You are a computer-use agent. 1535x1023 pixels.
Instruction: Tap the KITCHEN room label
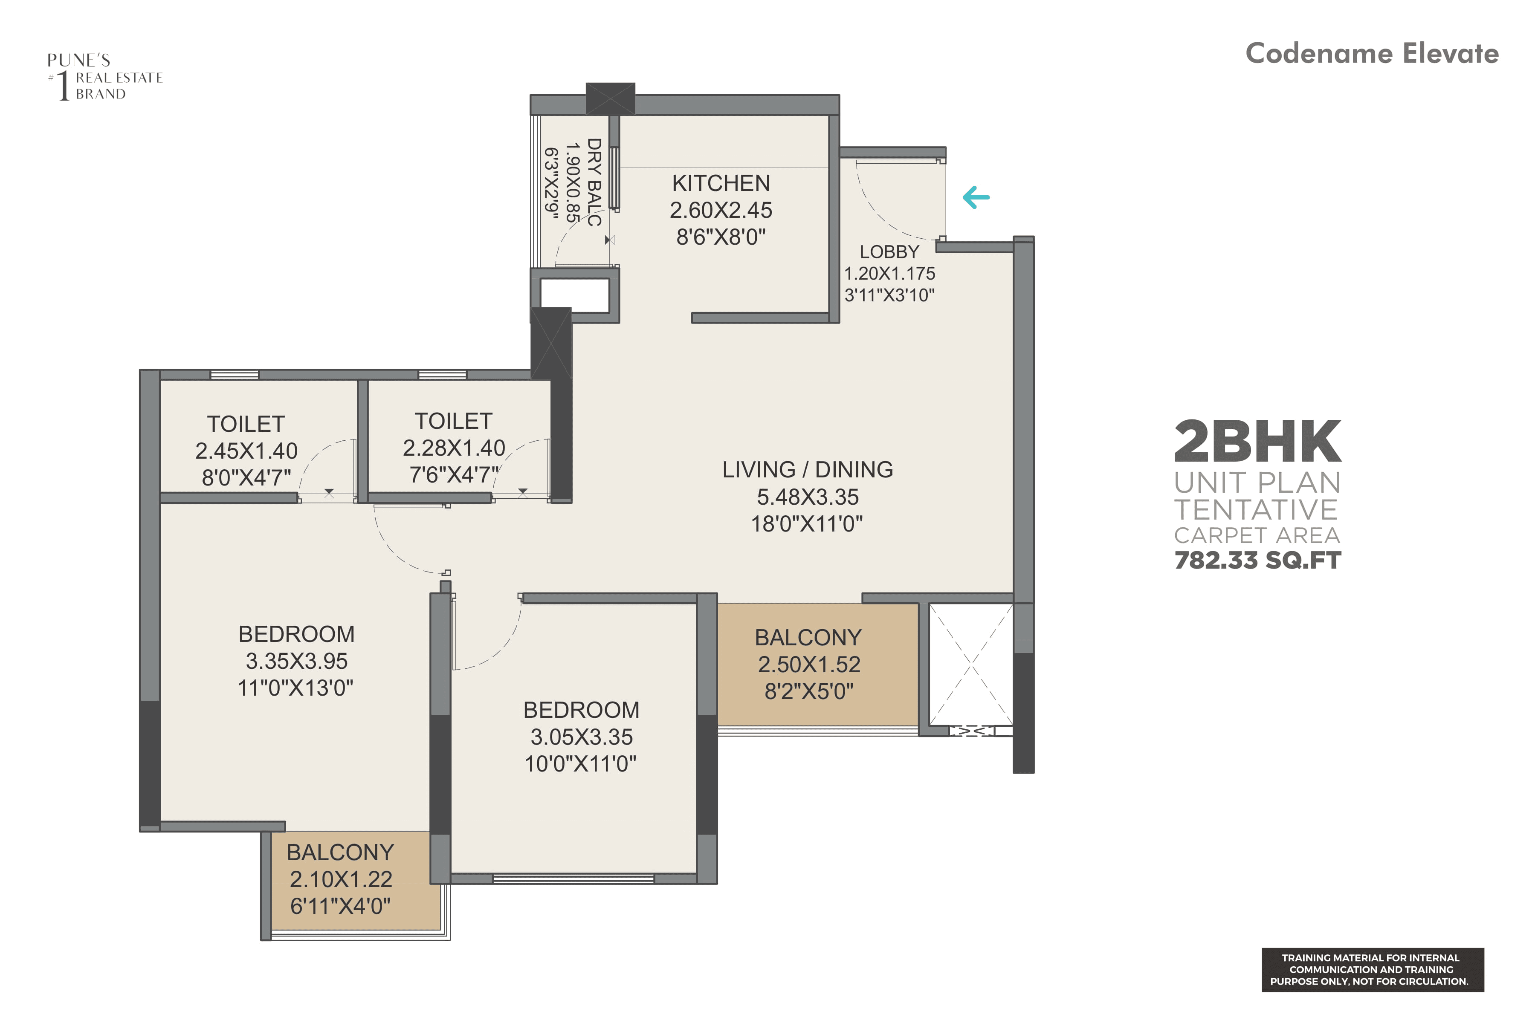pyautogui.click(x=721, y=183)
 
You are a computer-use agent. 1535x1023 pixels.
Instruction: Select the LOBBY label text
pyautogui.click(x=889, y=252)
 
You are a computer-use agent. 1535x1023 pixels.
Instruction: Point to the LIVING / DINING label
pyautogui.click(x=807, y=470)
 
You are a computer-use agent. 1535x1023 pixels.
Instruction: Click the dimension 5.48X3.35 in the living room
pyautogui.click(x=807, y=497)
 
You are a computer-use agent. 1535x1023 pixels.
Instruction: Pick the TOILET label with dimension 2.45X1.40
pyautogui.click(x=246, y=424)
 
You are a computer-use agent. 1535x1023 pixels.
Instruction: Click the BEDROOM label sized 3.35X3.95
pyautogui.click(x=296, y=634)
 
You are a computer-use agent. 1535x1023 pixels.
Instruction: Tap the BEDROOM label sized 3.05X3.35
pyautogui.click(x=581, y=710)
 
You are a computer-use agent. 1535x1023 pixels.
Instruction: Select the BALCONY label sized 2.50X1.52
pyautogui.click(x=808, y=637)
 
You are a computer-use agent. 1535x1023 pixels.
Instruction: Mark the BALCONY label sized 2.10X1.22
pyautogui.click(x=340, y=852)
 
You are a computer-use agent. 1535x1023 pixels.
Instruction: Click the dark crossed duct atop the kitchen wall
pyautogui.click(x=610, y=98)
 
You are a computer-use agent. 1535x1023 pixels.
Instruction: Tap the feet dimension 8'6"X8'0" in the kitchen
pyautogui.click(x=721, y=237)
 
